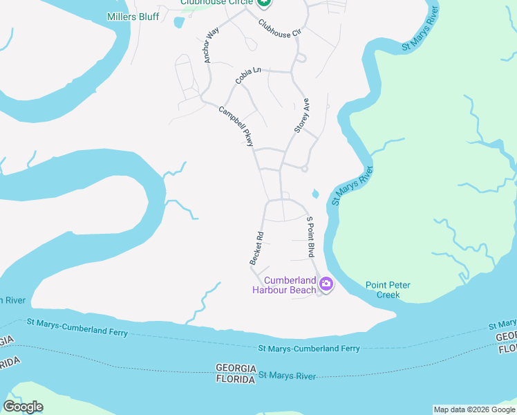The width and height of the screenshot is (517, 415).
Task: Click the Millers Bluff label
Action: point(133,16)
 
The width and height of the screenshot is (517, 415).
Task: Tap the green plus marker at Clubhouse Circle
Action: point(263,3)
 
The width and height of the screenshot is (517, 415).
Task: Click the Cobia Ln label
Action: point(248,75)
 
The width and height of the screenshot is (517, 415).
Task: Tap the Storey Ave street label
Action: point(301,116)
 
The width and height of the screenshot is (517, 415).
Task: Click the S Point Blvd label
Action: point(311,236)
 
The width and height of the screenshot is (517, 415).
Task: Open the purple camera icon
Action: point(326,283)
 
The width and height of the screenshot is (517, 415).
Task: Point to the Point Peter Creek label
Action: point(383,290)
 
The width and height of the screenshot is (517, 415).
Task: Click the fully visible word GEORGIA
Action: point(236,367)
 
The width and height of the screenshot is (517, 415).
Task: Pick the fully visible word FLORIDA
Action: point(236,379)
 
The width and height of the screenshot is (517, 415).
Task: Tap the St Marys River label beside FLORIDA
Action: point(288,376)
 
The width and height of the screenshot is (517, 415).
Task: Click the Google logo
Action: point(23,407)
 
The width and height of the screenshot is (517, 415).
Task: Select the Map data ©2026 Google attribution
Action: point(474,409)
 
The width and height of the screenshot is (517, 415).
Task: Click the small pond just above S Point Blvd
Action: point(316,193)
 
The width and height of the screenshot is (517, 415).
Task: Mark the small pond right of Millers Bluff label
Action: point(180,22)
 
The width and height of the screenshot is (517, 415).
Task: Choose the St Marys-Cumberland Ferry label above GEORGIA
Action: point(309,349)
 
